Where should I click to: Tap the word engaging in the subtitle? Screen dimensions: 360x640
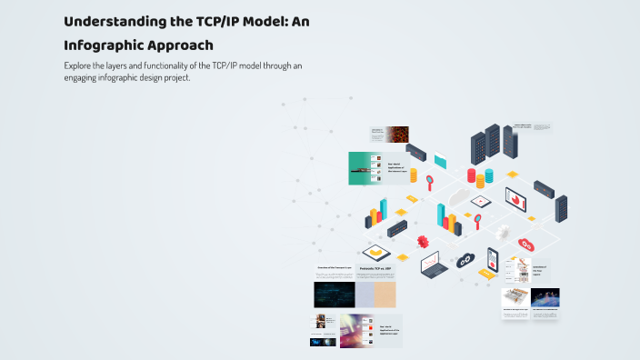(85, 77)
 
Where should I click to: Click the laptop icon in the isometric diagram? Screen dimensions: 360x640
(433, 265)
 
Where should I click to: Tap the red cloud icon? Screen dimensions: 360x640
(525, 244)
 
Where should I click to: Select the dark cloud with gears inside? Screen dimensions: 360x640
(465, 259)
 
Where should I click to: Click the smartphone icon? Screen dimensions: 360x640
(493, 260)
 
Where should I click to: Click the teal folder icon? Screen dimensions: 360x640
(440, 161)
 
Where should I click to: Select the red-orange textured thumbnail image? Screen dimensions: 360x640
(397, 134)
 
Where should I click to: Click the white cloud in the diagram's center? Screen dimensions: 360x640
(457, 197)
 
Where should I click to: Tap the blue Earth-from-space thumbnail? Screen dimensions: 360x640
(545, 297)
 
